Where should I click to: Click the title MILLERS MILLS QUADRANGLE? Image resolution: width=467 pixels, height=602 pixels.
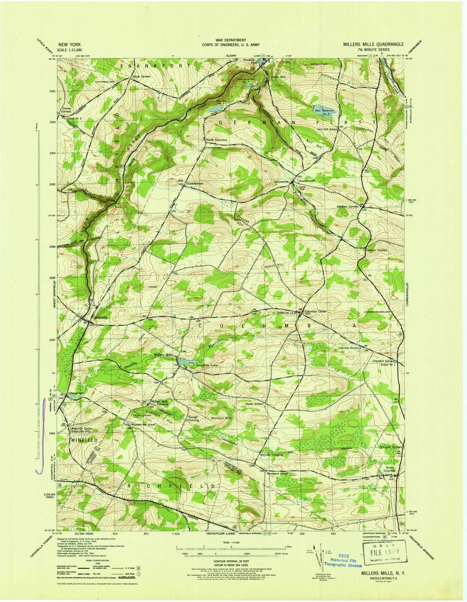pyautogui.click(x=373, y=44)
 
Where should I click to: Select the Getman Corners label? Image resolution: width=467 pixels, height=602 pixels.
pyautogui.click(x=376, y=250)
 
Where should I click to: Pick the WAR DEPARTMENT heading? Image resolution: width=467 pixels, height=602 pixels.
pyautogui.click(x=231, y=40)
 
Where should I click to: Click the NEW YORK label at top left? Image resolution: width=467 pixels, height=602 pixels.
pyautogui.click(x=69, y=44)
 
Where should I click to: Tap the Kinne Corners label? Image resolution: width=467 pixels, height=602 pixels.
pyautogui.click(x=141, y=76)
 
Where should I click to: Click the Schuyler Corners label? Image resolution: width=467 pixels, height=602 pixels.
pyautogui.click(x=391, y=447)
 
